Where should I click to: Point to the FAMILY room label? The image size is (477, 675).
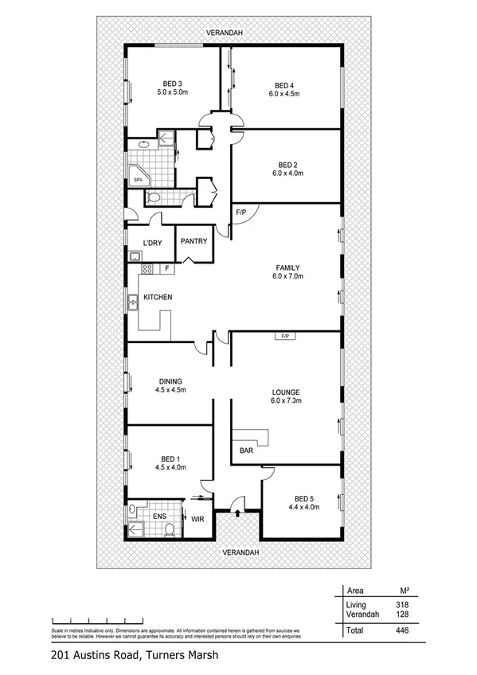click(287, 267)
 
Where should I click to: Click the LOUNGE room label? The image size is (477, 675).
click(285, 392)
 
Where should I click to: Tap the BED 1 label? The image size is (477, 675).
click(170, 458)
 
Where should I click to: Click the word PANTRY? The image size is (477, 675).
click(194, 241)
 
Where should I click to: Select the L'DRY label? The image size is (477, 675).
click(153, 243)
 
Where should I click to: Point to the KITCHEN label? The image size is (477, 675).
click(158, 298)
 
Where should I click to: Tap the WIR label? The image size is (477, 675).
click(198, 519)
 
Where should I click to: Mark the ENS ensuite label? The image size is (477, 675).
click(158, 516)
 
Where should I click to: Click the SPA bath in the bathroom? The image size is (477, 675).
click(138, 180)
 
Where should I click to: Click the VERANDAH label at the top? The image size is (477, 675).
click(224, 33)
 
